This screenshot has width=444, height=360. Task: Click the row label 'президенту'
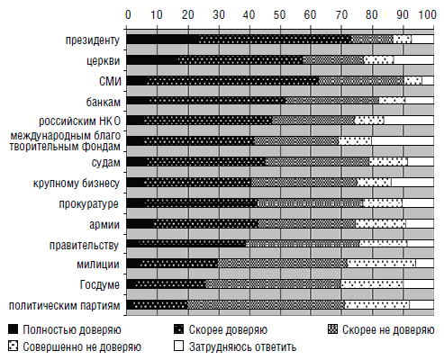(x=93, y=40)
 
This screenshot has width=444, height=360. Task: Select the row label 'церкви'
(x=104, y=61)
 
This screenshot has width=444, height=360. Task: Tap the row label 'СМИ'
(x=110, y=81)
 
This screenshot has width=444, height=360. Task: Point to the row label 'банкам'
(x=104, y=102)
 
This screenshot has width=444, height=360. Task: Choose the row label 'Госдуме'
(x=100, y=284)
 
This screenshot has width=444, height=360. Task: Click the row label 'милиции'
(x=98, y=265)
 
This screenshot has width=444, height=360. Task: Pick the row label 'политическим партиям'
(x=65, y=306)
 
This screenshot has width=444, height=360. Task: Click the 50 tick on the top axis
(x=279, y=14)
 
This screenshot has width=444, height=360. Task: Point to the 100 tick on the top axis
(x=427, y=14)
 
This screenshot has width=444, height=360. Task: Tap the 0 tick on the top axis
(x=128, y=14)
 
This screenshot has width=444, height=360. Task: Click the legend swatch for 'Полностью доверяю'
(x=14, y=329)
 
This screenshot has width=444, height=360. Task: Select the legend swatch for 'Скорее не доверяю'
(x=332, y=329)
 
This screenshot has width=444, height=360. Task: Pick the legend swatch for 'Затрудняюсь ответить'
(x=178, y=346)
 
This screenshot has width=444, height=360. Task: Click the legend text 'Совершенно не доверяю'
(x=82, y=347)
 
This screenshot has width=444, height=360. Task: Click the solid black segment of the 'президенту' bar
(x=163, y=40)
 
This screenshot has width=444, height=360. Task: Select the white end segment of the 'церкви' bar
(x=413, y=59)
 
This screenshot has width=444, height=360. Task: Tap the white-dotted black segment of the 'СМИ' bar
(x=233, y=80)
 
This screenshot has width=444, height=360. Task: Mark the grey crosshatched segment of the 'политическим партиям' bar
(x=267, y=304)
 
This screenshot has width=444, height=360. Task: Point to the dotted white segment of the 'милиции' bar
(x=382, y=264)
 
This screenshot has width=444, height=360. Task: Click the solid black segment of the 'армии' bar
(x=140, y=223)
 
